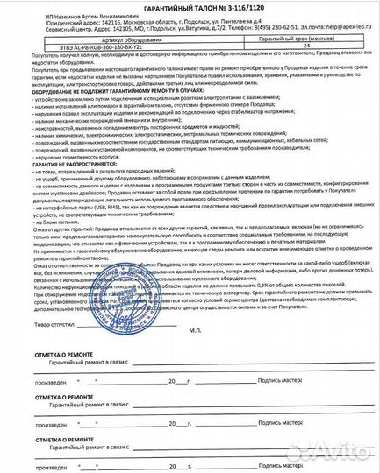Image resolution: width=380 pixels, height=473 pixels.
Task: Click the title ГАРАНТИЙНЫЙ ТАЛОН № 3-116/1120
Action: pyautogui.click(x=190, y=8)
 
